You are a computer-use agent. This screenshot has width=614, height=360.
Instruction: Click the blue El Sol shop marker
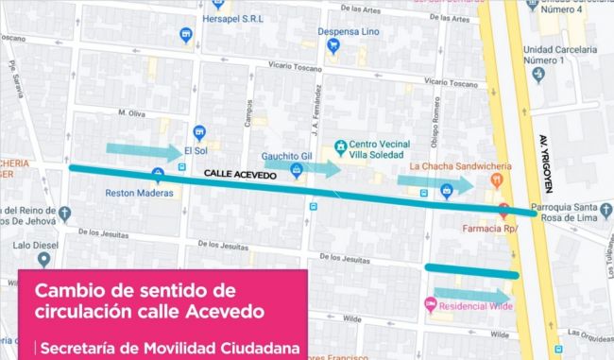pos(198,132)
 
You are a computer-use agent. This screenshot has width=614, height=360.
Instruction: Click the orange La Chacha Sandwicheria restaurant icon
pos(497,177)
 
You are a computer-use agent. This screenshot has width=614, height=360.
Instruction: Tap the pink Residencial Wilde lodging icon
pos(431,304)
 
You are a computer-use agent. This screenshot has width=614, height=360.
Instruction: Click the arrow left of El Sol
pos(145,149)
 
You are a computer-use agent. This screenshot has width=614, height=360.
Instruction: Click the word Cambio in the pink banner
pos(69,288)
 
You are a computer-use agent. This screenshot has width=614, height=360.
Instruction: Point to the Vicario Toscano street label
pos(296,66)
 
